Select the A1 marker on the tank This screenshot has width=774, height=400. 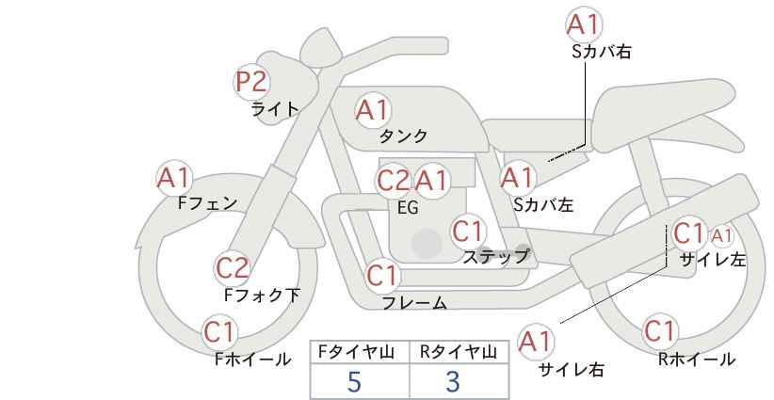coord(373,110)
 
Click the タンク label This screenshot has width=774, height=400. coord(403,136)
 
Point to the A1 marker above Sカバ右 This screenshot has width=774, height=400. coord(584,24)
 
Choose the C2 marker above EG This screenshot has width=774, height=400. coord(394,181)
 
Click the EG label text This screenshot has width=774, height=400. coord(408,208)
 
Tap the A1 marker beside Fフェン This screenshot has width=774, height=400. coord(173,178)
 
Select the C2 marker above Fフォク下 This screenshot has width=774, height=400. coord(233,268)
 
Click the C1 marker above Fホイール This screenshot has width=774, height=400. coord(219,331)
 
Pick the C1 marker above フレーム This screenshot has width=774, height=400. coord(382,275)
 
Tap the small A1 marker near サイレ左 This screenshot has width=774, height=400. coord(721,237)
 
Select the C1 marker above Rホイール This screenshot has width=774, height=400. coord(660,331)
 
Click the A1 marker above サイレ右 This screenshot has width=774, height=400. coord(536,342)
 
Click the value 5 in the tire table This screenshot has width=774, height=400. coord(354,381)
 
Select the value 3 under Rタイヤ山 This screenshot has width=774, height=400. coord(453,381)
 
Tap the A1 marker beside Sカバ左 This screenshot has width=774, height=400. coord(517,178)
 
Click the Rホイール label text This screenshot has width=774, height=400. coord(696,360)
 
